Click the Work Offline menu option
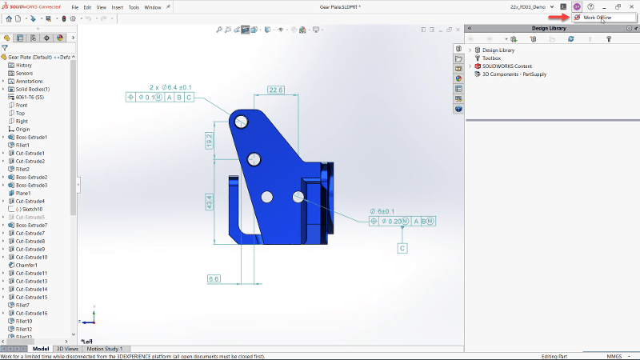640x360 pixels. pyautogui.click(x=596, y=17)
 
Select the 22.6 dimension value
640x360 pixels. pyautogui.click(x=276, y=90)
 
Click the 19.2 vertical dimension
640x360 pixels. pyautogui.click(x=209, y=140)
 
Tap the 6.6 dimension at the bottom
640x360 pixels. pyautogui.click(x=214, y=278)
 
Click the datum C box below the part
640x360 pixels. pyautogui.click(x=402, y=248)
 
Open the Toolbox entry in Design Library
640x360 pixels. pyautogui.click(x=491, y=58)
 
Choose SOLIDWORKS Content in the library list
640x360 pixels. pyautogui.click(x=507, y=66)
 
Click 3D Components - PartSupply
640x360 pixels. pyautogui.click(x=513, y=74)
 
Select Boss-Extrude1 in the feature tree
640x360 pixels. pyautogui.click(x=31, y=137)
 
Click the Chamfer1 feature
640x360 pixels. pyautogui.click(x=26, y=265)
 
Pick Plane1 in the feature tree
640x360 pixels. pyautogui.click(x=23, y=193)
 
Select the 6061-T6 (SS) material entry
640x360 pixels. pyautogui.click(x=32, y=97)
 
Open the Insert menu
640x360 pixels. pyautogui.click(x=117, y=6)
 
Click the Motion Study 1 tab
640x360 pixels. pyautogui.click(x=105, y=349)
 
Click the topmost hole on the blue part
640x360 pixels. pyautogui.click(x=242, y=122)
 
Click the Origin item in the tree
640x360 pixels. pyautogui.click(x=22, y=129)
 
